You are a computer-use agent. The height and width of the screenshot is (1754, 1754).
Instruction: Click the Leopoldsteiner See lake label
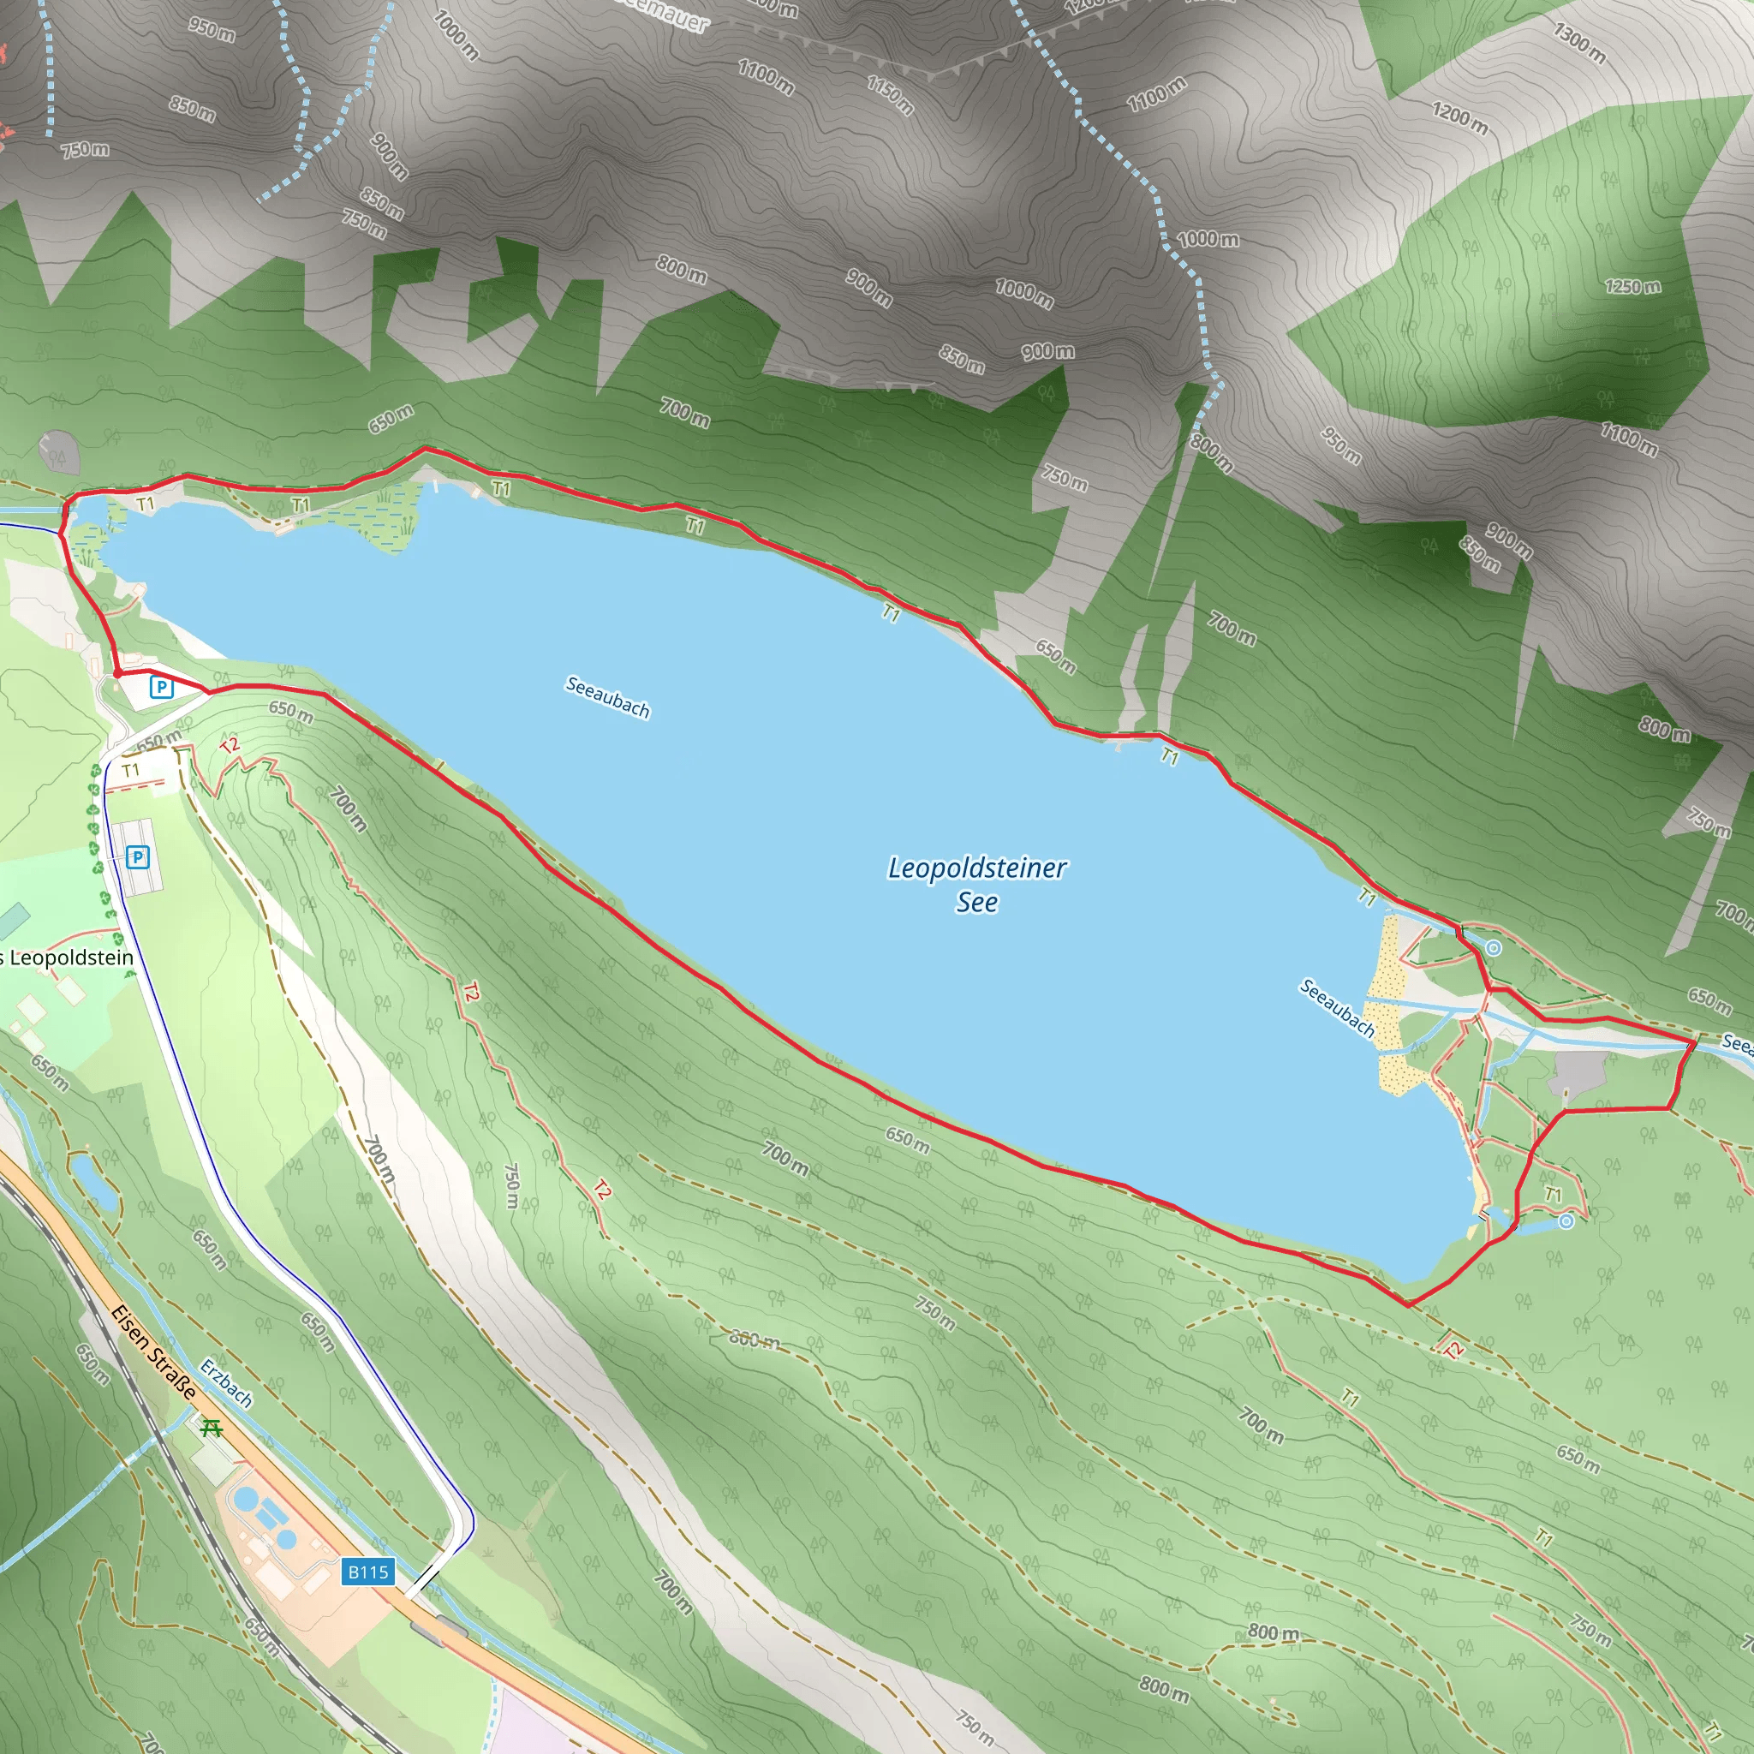point(977,884)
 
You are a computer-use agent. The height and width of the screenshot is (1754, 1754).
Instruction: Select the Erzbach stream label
point(226,1382)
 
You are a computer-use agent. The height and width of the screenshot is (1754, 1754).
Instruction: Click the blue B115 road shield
point(367,1572)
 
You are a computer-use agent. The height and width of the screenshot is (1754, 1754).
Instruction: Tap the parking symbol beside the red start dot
point(162,686)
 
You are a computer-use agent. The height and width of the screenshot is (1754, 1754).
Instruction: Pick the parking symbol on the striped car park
point(137,856)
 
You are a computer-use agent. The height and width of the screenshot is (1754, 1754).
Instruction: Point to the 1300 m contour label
point(1578,43)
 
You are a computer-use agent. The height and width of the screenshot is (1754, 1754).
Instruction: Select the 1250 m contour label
point(1632,287)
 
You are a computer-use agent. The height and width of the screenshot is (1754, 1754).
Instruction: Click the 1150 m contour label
point(890,95)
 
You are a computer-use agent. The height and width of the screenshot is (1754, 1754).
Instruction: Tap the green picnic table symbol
point(212,1428)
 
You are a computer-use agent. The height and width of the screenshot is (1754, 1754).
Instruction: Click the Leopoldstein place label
point(69,958)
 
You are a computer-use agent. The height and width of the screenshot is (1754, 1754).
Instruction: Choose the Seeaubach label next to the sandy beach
point(1336,1008)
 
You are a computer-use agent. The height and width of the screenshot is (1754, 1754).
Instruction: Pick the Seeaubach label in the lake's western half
point(607,696)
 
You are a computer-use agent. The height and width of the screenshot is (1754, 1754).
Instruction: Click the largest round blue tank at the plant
point(244,1496)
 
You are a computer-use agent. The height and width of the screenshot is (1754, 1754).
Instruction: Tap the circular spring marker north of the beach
point(1494,949)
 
